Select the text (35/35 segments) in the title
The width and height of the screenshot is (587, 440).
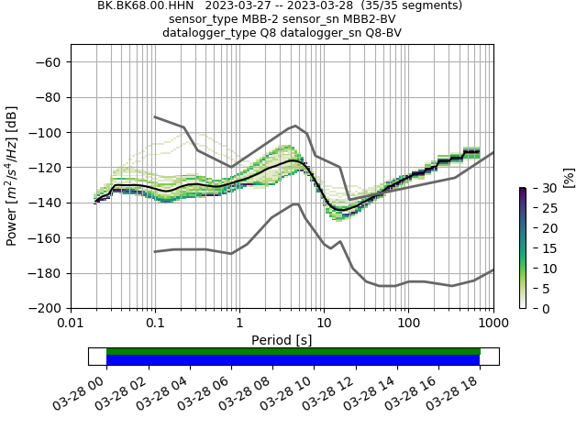click(412, 5)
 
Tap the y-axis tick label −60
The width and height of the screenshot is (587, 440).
click(50, 61)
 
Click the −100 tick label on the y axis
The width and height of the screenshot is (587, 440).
click(48, 132)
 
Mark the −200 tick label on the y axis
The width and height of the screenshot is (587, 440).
click(48, 308)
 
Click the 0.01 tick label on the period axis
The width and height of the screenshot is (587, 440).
click(71, 323)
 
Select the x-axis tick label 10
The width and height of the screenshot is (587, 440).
click(324, 323)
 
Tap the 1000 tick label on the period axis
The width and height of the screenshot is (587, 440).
click(493, 323)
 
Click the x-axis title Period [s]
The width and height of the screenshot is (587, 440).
click(282, 340)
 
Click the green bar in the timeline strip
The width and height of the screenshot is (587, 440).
click(293, 351)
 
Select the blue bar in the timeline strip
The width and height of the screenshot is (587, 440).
click(293, 360)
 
